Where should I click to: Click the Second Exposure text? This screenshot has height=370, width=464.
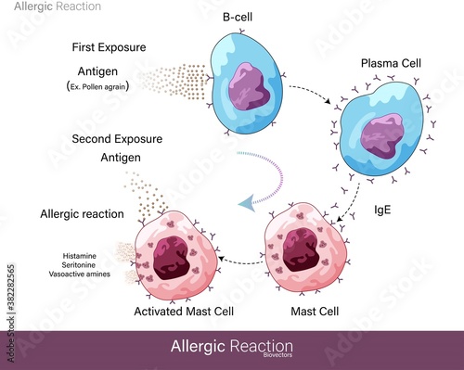(117, 139)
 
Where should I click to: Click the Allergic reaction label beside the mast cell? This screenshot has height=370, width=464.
(82, 214)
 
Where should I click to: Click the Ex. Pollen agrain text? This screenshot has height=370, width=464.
(102, 86)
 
